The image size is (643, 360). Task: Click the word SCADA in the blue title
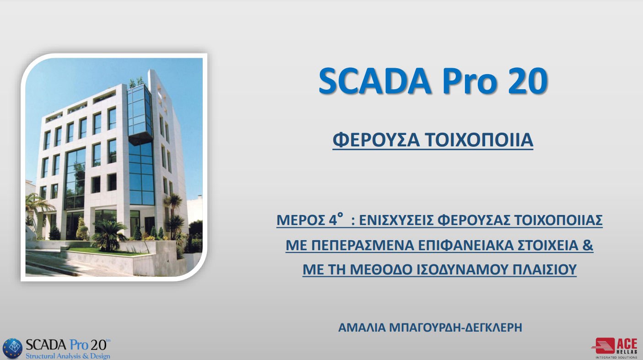click(x=375, y=81)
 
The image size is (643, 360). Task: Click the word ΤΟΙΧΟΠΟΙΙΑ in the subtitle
click(x=479, y=140)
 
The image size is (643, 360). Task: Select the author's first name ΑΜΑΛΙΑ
click(x=362, y=328)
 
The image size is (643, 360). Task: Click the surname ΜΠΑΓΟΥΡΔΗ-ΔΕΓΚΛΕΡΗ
click(x=455, y=328)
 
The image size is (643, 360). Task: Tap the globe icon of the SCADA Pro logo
click(x=12, y=348)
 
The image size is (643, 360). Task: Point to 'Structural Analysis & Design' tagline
click(x=68, y=356)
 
